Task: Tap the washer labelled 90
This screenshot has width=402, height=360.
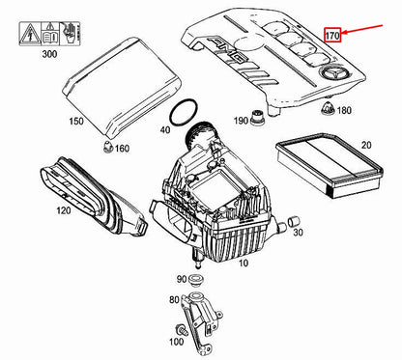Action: (194, 280)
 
